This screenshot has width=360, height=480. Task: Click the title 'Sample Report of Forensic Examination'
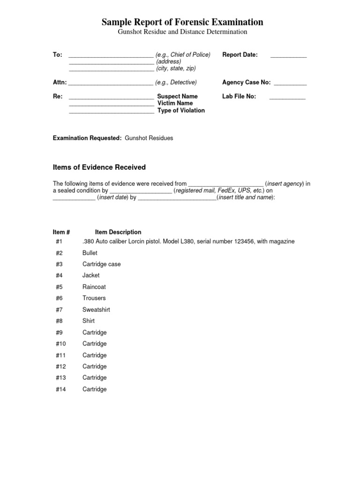[182, 22]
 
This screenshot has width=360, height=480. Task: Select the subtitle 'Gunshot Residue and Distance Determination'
[182, 32]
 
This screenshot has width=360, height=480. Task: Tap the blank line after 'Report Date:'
[288, 56]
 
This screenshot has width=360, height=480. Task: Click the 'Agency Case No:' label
[246, 82]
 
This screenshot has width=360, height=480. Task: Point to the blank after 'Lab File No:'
[287, 97]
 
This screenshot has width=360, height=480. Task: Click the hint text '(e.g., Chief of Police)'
[183, 55]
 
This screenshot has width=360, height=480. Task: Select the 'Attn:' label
[60, 82]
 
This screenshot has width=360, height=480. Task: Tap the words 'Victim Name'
[175, 103]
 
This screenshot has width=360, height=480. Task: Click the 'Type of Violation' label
[181, 111]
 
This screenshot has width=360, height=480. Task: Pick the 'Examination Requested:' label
[87, 138]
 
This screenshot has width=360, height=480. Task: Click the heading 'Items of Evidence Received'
[99, 167]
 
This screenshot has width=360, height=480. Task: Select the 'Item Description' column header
[118, 232]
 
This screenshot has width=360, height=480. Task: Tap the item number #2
[59, 253]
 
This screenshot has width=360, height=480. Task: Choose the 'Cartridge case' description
[101, 264]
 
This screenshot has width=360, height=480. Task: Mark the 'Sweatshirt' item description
[96, 310]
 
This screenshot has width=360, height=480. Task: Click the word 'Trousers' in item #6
[94, 298]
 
